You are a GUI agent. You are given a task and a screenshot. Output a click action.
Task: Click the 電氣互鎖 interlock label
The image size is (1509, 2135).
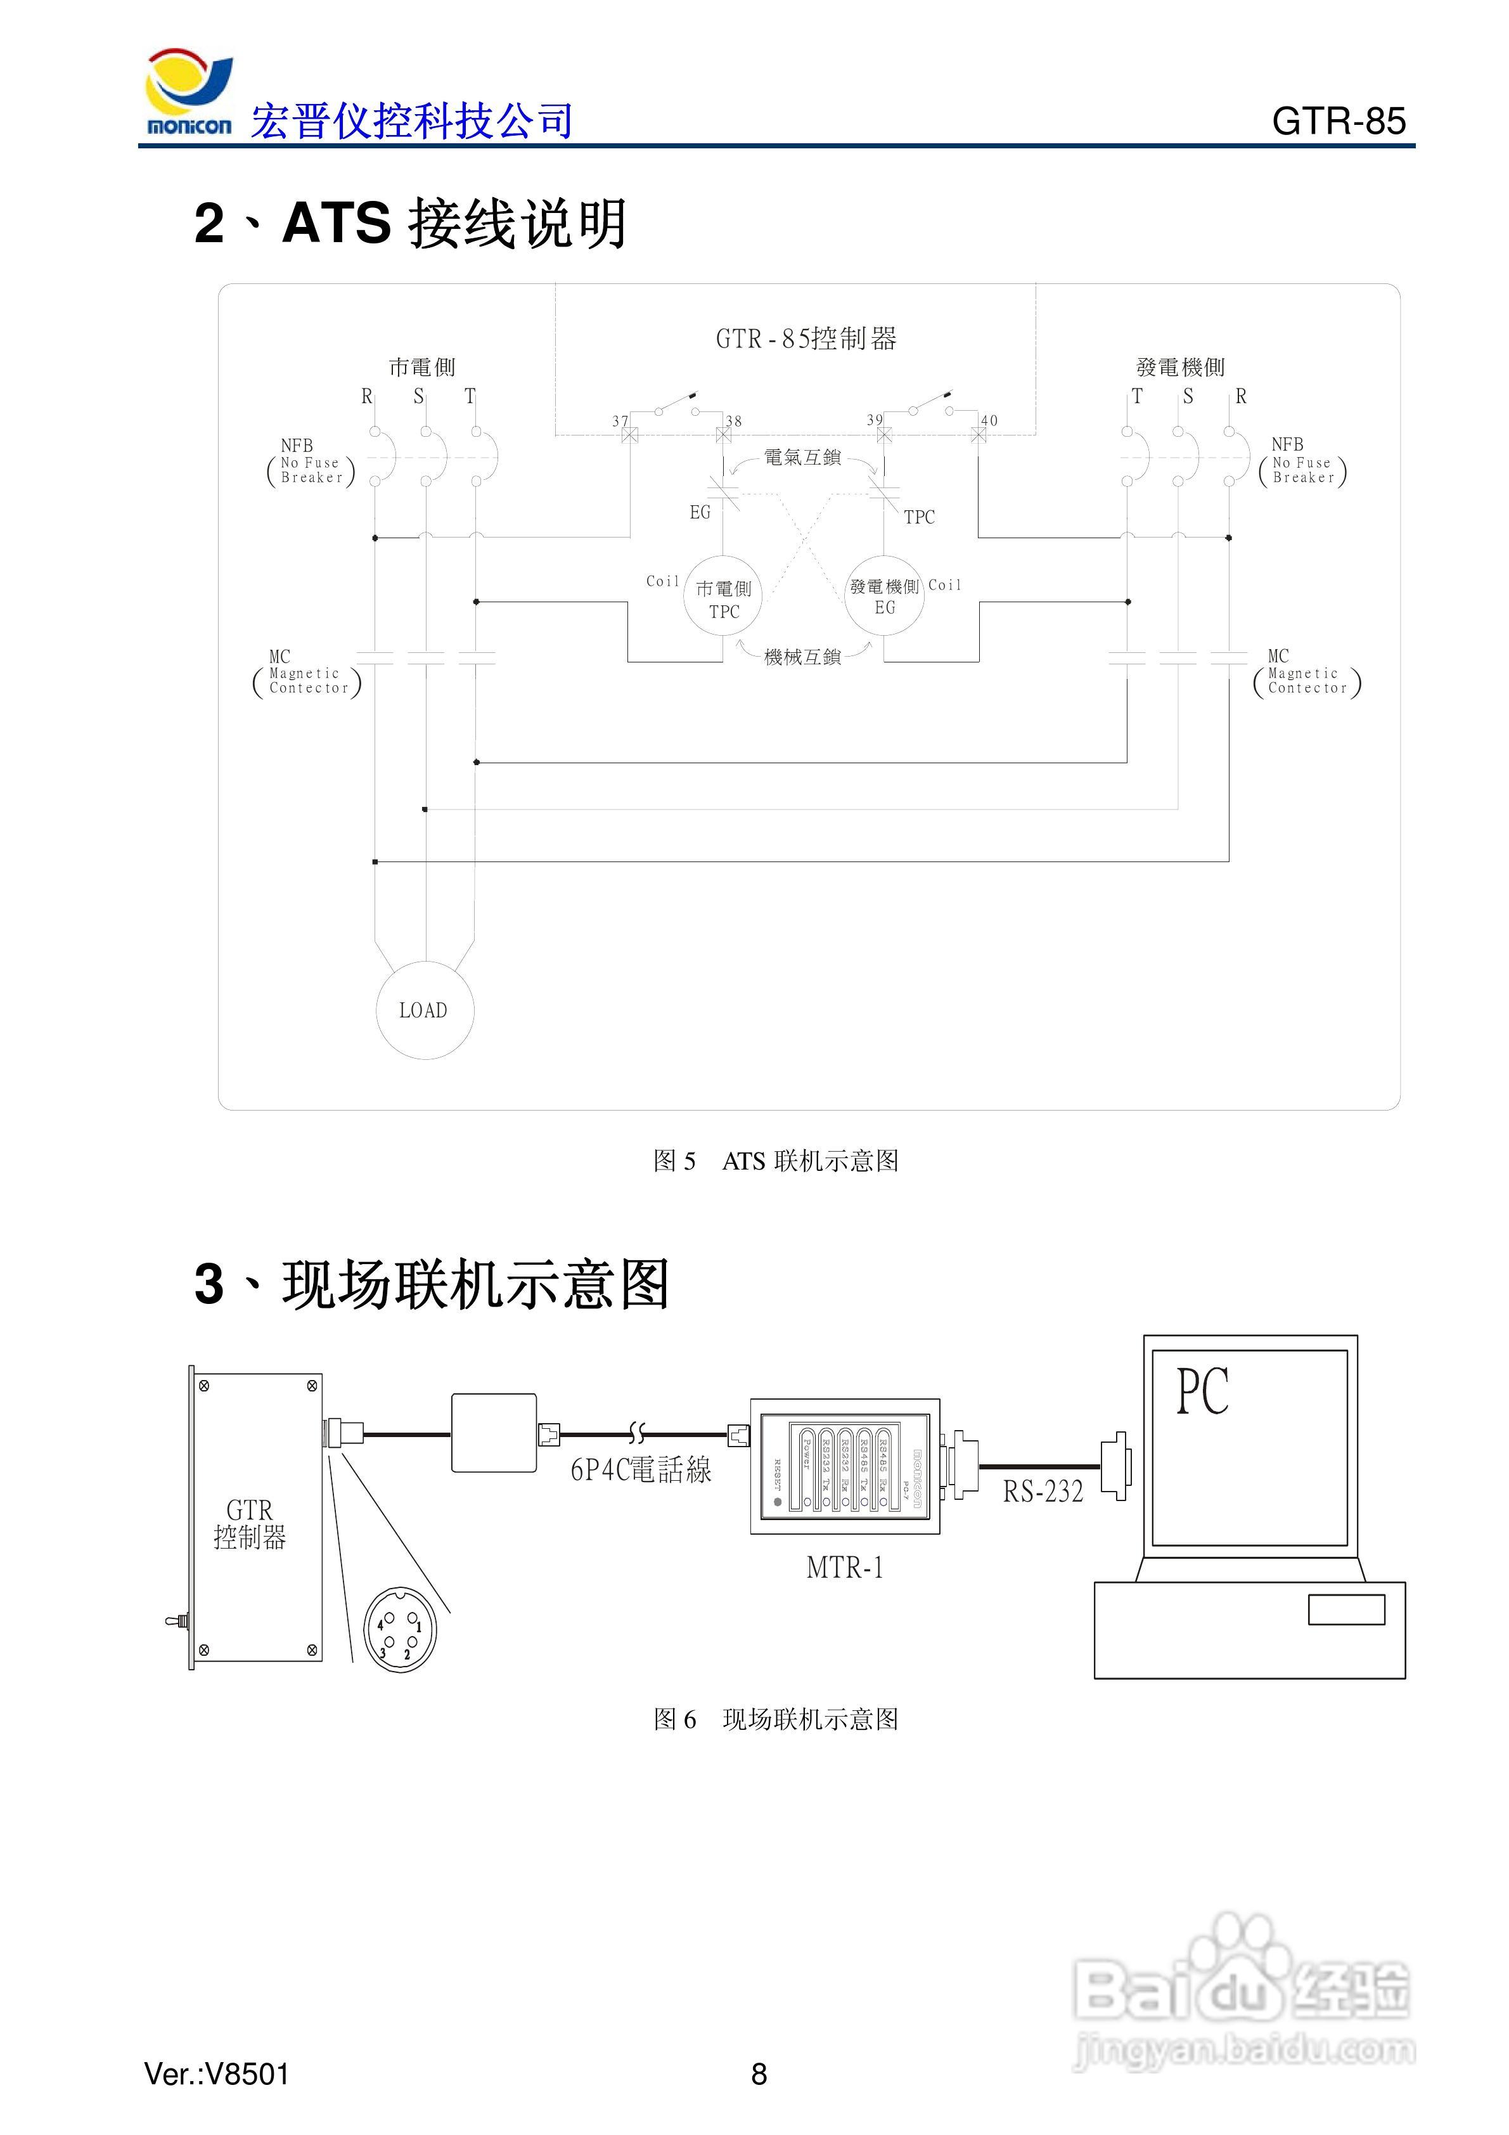802,458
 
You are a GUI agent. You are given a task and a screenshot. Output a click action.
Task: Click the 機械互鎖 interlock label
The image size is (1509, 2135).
802,657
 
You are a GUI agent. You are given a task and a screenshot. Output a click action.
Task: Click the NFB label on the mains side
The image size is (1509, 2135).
297,446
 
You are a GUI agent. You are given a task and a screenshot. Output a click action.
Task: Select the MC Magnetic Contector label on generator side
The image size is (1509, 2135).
1306,673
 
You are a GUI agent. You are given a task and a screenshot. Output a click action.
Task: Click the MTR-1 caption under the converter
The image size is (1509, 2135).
844,1568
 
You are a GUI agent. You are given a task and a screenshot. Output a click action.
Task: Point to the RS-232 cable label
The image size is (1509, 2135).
1043,1492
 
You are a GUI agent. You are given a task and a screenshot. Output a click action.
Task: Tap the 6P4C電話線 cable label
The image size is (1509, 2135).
641,1470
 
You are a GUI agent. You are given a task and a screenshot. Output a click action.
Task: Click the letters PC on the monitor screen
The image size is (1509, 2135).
1202,1392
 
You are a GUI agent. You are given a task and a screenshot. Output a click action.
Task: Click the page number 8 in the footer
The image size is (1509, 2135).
759,2074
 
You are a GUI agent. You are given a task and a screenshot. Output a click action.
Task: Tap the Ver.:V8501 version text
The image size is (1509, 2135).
217,2074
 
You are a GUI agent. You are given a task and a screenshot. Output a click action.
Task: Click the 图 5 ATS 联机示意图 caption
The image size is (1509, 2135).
776,1161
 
